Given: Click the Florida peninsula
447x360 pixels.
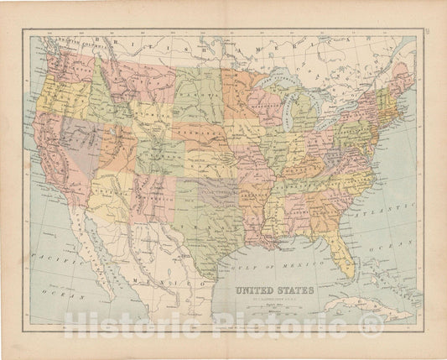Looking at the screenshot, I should (x=342, y=252).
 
